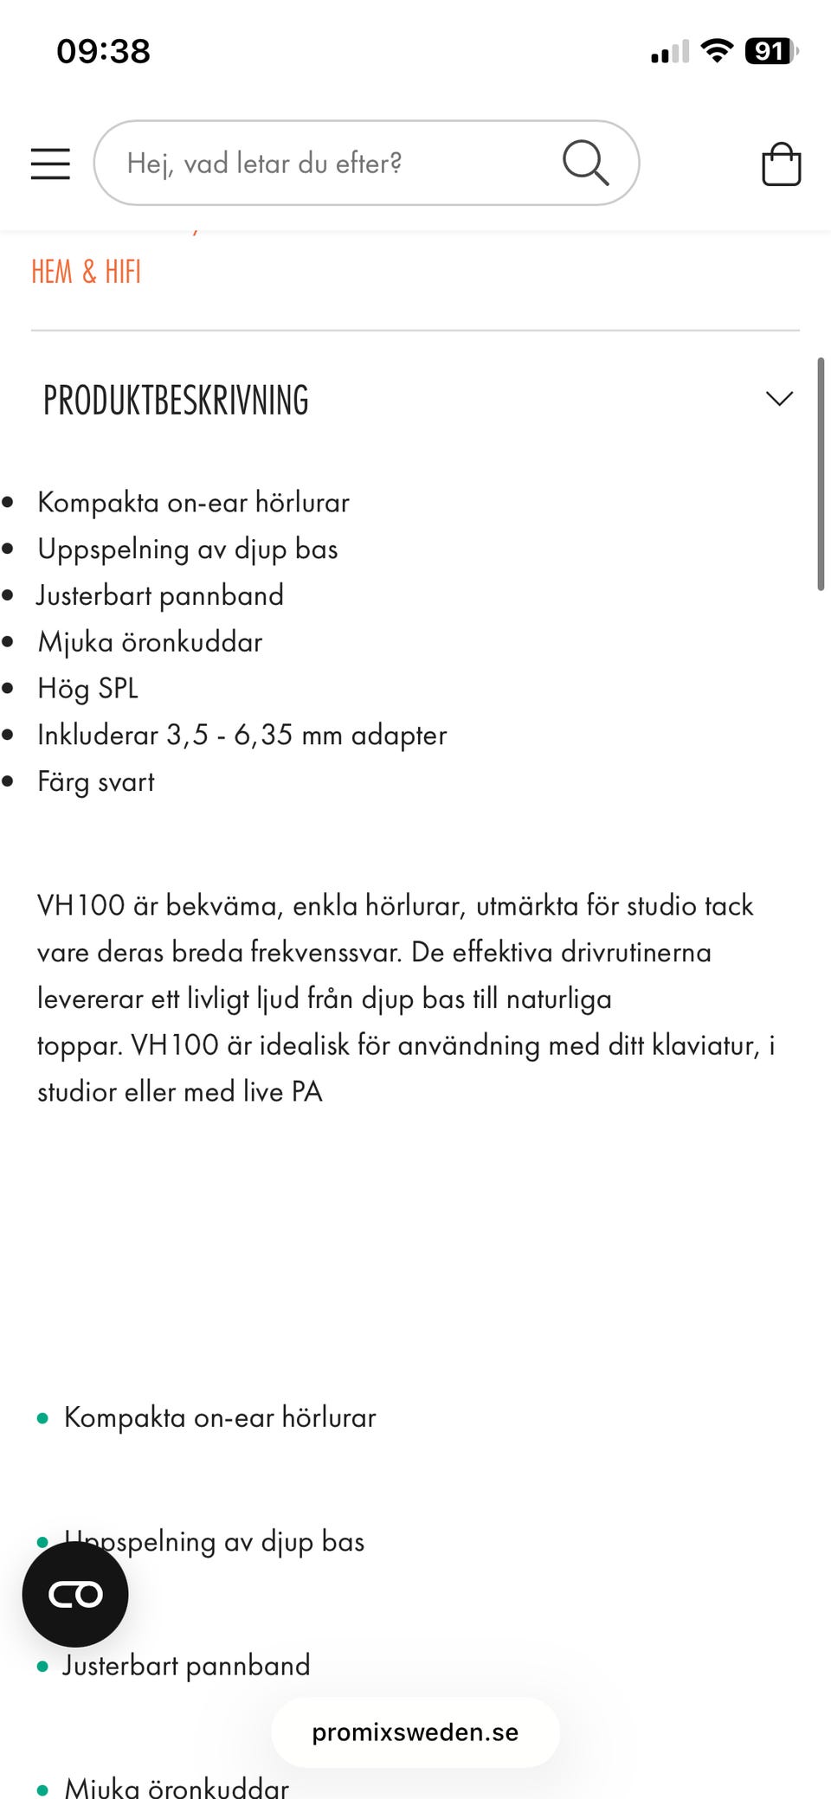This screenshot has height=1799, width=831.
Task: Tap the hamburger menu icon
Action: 50,164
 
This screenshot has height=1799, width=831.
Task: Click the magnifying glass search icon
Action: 585,163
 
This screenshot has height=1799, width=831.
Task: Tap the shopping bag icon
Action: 781,164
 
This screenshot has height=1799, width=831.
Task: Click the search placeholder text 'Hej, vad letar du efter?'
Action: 264,164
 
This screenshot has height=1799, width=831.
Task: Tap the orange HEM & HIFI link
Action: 86,272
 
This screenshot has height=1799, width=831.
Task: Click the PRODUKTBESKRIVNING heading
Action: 176,401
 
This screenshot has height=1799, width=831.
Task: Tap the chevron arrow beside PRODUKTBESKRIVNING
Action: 779,399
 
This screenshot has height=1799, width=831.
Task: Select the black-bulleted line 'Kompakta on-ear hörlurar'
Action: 193,503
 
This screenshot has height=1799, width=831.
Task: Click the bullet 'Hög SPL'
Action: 87,689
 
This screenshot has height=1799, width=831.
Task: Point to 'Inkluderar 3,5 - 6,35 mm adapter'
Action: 242,736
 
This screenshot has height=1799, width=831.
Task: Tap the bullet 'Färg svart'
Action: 95,782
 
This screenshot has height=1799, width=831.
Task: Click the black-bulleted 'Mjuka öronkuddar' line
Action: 150,643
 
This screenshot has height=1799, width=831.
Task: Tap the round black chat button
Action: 75,1594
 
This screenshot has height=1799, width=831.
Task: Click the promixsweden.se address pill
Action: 415,1732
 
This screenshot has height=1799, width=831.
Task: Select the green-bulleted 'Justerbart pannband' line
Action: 186,1666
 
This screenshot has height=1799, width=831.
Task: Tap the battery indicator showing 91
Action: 769,52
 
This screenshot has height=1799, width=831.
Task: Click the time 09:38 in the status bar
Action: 103,52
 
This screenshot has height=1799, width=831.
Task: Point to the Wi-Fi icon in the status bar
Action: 717,52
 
